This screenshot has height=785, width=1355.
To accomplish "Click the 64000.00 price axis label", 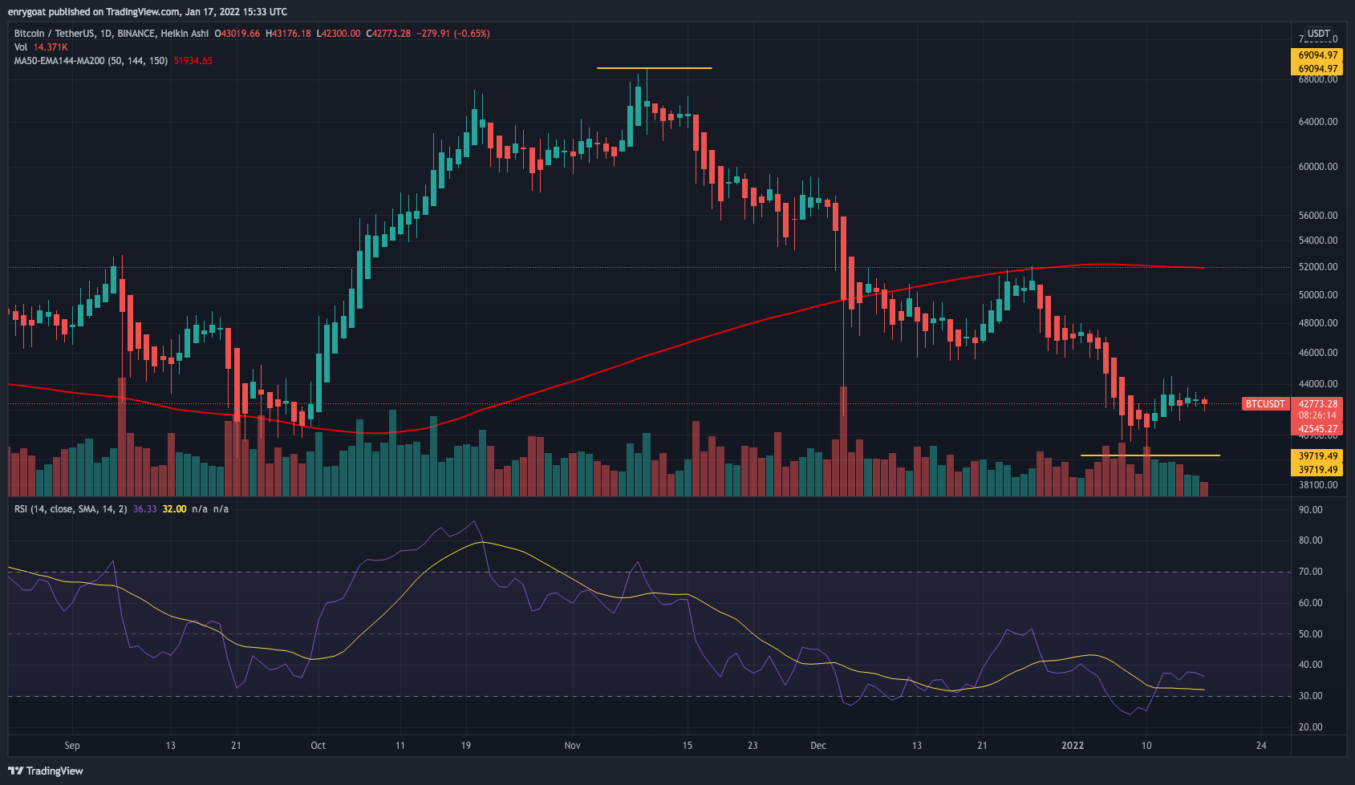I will [1318, 122].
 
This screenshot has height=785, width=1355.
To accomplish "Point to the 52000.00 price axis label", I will [1318, 267].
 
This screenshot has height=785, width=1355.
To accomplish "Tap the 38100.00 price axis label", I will [1318, 485].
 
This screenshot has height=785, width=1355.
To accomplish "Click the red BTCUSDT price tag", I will [1265, 404].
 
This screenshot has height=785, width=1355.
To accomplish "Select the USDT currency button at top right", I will [1318, 34].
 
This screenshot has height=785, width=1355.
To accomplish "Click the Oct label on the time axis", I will [318, 746].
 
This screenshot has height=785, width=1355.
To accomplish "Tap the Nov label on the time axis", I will [572, 746].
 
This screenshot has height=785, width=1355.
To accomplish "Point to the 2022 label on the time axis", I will [1073, 746].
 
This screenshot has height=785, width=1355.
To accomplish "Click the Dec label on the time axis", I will [818, 746].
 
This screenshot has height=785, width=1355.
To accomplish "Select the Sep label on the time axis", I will [72, 746].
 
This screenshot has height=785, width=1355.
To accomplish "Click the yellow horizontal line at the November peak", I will [654, 68].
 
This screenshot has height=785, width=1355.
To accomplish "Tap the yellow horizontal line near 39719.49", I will [1150, 455].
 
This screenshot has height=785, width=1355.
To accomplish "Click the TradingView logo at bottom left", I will [46, 771].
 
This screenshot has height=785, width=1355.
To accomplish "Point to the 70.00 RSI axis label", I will [1311, 572].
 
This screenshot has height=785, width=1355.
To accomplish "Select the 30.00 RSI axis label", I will [1311, 696].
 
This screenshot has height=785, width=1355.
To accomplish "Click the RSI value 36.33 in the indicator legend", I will [144, 509].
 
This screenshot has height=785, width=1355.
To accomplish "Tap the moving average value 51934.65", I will [193, 61].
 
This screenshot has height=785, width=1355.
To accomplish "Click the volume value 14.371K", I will [51, 47].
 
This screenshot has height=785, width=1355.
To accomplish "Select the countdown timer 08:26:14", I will [1318, 416].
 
